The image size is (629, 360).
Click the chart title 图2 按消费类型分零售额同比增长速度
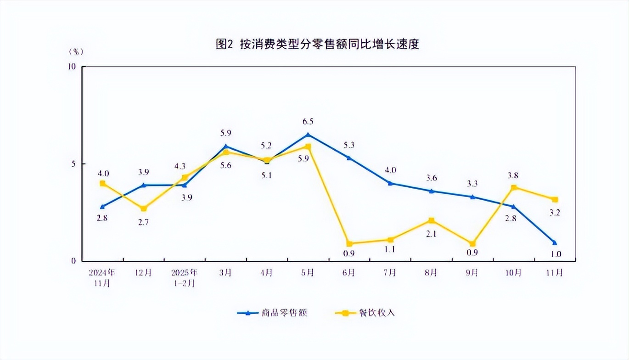coord(318,45)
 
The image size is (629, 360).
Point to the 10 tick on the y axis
coord(72,67)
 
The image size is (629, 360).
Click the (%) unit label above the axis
coord(76,51)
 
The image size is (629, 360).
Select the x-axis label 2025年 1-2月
coord(184,277)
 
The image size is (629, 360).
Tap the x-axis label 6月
coord(348,272)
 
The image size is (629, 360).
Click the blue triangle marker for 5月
coord(308,135)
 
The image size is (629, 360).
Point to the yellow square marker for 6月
coord(349,244)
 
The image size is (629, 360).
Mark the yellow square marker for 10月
coord(513,187)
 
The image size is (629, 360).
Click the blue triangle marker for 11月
coord(555,242)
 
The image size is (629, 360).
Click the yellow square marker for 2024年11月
coord(102,183)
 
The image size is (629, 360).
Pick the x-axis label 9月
coord(472,272)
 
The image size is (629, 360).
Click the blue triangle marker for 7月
coord(390,183)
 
